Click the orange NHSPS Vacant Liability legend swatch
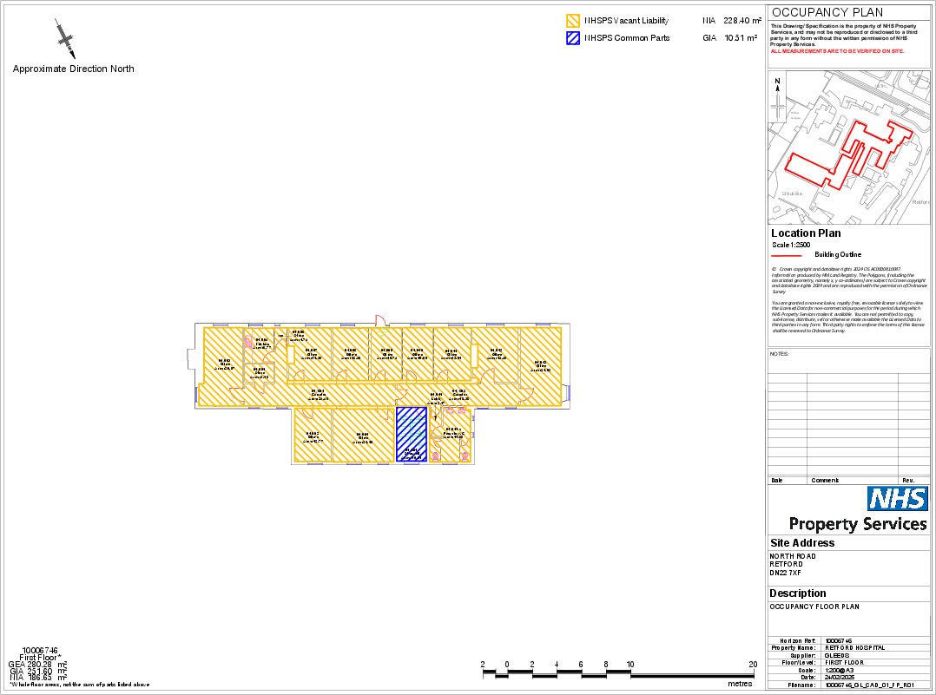coord(572,20)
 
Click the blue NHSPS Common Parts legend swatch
coord(572,38)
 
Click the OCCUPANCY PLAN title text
coord(827,12)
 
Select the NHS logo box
coord(898,499)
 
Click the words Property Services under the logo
coord(857,524)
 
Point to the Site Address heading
coord(802,543)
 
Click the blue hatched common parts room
coord(410,435)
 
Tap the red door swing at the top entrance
coord(379,320)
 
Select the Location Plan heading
coord(806,233)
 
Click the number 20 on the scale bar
coord(752,665)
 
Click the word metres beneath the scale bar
coord(740,684)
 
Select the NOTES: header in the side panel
coord(780,354)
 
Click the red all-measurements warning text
coord(837,51)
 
